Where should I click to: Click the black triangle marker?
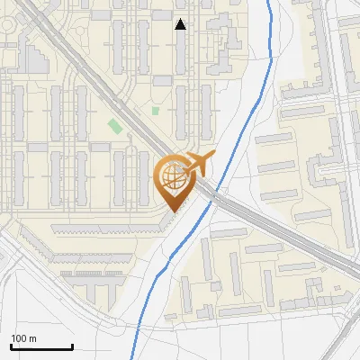coord(181,24)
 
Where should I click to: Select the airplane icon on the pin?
coord(197,164)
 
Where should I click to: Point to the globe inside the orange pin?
coord(171,175)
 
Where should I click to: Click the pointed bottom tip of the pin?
coord(171,211)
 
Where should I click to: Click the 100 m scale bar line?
coord(41,346)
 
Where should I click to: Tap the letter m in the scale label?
coord(32,338)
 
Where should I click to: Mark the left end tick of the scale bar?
coord(11,345)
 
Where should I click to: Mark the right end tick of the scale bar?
coord(72,345)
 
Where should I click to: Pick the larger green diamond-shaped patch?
coord(114,126)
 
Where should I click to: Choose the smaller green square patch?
coord(156,111)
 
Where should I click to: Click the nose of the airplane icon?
coord(214,156)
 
